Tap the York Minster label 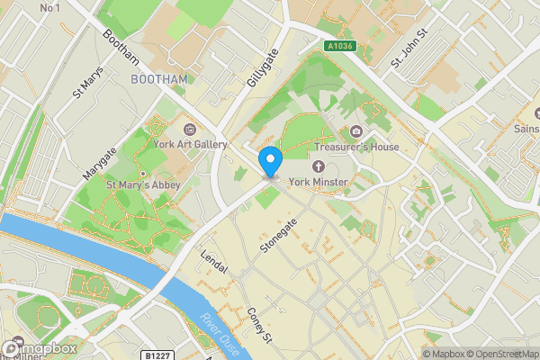pyautogui.click(x=325, y=182)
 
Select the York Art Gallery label pyautogui.click(x=190, y=144)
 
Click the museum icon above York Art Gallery pyautogui.click(x=188, y=129)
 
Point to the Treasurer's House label pyautogui.click(x=356, y=147)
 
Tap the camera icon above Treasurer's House pyautogui.click(x=355, y=131)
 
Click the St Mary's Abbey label pyautogui.click(x=144, y=184)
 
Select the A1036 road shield pyautogui.click(x=339, y=46)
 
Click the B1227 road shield pyautogui.click(x=157, y=355)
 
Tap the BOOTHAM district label pyautogui.click(x=159, y=79)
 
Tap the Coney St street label pyautogui.click(x=259, y=326)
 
